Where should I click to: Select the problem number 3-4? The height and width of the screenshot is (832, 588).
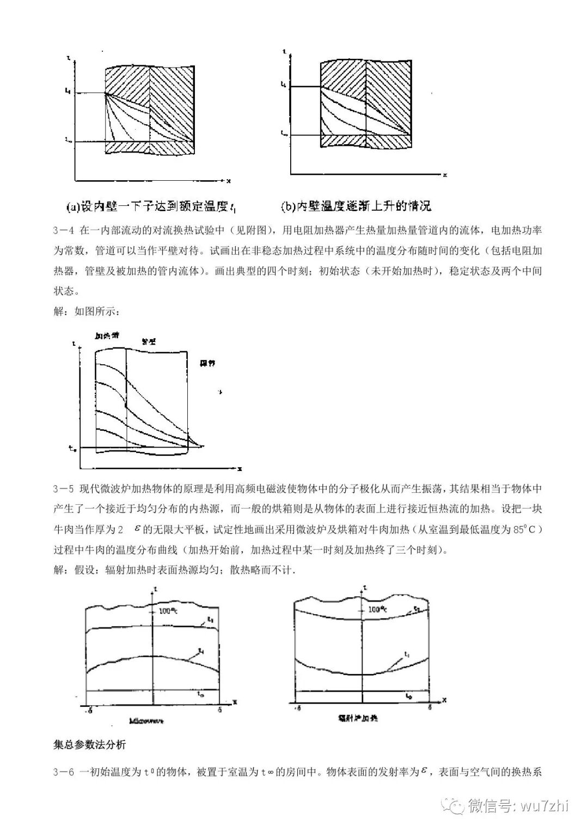click(64, 230)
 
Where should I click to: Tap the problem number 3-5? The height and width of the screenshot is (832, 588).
click(64, 487)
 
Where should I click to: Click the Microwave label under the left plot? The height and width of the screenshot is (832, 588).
click(147, 720)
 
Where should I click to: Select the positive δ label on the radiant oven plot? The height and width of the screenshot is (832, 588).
click(429, 707)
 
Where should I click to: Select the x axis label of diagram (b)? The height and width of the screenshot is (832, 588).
click(445, 175)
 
